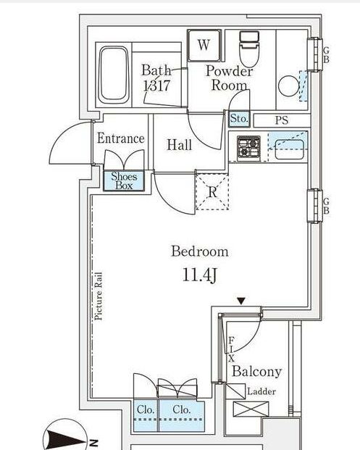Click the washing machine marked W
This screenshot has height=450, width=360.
[204, 46]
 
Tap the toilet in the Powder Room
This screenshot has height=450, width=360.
[249, 49]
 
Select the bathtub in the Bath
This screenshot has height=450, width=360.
[114, 75]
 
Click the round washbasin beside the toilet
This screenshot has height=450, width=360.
[289, 86]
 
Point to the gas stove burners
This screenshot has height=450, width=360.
[248, 148]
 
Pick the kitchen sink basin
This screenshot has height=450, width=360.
[289, 149]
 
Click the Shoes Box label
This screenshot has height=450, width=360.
[124, 181]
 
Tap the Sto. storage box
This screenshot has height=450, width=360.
[239, 119]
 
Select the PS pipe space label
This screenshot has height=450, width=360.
[282, 120]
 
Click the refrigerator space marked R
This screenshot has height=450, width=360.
[212, 192]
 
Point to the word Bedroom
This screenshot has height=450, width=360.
[200, 251]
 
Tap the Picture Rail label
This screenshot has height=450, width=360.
[99, 296]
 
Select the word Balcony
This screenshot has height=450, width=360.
[256, 371]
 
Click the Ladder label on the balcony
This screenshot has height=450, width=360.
[261, 391]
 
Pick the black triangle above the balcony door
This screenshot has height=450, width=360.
[241, 301]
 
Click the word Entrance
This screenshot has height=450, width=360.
[121, 138]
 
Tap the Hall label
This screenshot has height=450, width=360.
[180, 145]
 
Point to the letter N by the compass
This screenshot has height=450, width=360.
[93, 443]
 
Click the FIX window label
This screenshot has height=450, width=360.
[231, 349]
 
